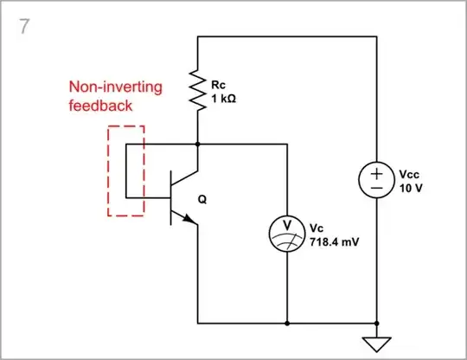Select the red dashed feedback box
(x=125, y=170)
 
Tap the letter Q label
(x=203, y=199)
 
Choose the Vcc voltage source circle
(x=377, y=180)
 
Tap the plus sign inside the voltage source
(x=377, y=173)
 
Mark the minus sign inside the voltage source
(x=377, y=189)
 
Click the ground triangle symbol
(x=377, y=343)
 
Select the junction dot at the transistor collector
(x=198, y=145)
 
